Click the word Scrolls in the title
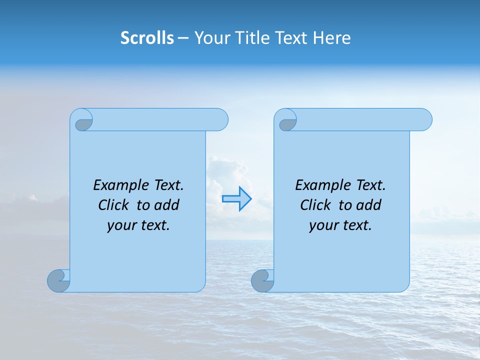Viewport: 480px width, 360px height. tap(147, 38)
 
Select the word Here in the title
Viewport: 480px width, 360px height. tap(332, 38)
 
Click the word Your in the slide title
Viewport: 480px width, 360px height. tap(212, 38)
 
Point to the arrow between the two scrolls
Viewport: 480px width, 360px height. tap(237, 198)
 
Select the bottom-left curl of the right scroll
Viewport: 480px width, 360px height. tap(262, 281)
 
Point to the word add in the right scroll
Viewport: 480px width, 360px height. tap(369, 205)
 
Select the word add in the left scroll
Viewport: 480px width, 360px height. tap(167, 205)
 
